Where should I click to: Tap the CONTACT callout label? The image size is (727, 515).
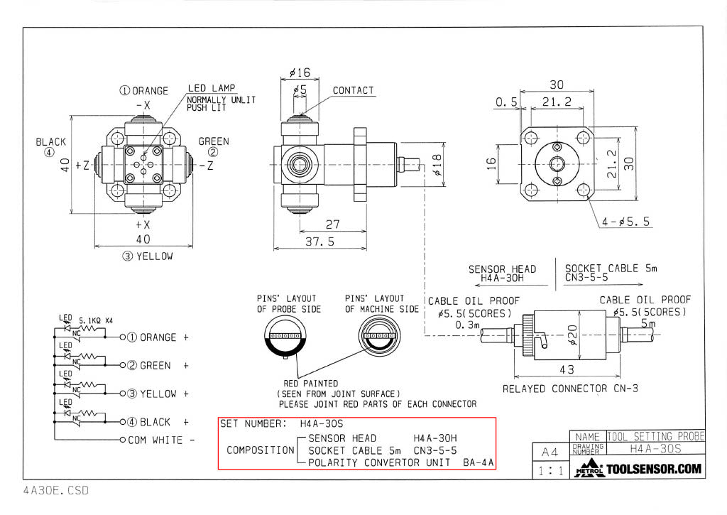point(353,90)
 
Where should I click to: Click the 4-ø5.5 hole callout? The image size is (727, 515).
point(625,222)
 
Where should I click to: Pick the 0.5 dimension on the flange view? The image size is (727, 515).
point(506,102)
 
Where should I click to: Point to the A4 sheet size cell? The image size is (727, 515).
point(550,452)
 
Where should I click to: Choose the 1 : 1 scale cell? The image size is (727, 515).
point(549,470)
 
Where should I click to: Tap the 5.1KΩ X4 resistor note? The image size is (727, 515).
point(94,320)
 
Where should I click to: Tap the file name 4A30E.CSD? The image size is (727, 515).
point(56,490)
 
